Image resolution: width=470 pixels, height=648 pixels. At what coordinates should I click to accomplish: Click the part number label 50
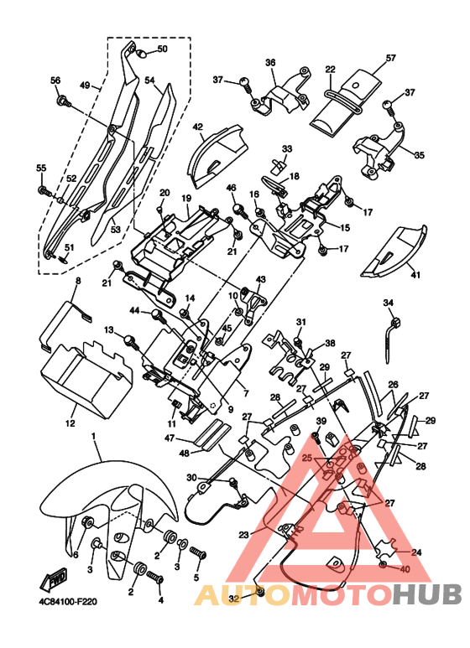point(162,49)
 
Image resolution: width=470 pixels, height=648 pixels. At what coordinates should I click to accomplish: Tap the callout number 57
point(390,59)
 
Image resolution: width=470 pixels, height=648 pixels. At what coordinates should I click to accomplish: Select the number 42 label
point(198,127)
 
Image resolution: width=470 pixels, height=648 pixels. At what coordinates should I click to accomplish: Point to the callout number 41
point(415,274)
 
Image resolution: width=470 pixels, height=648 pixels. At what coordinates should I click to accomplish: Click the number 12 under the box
point(70,423)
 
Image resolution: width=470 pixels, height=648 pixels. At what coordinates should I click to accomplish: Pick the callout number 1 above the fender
point(93,437)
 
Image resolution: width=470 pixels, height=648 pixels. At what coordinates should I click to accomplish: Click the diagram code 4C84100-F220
point(65,602)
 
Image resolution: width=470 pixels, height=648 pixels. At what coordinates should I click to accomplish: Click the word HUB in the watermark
point(426,594)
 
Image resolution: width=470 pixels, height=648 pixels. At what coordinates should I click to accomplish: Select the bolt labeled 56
point(63,100)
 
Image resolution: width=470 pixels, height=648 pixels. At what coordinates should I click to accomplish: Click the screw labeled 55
point(44,191)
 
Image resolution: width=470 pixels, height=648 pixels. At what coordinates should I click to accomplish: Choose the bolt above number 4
point(155,578)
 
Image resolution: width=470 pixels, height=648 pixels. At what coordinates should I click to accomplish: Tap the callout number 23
point(243,535)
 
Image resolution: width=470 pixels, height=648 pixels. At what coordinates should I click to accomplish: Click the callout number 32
point(234,599)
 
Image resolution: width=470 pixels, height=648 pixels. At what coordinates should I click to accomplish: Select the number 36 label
point(270,63)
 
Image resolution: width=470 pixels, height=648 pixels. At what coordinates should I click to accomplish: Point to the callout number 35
point(420,156)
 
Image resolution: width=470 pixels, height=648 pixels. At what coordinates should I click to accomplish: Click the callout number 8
point(78,281)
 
